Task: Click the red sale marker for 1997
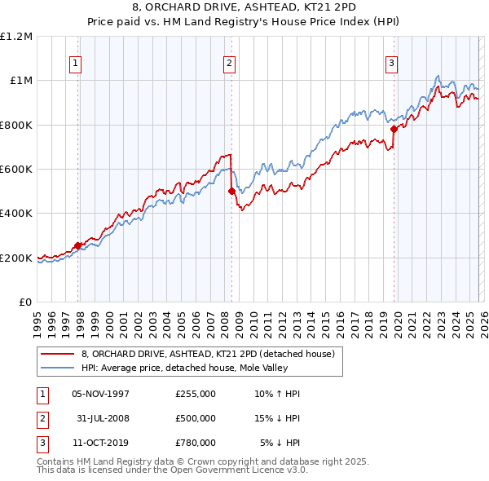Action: click(x=78, y=245)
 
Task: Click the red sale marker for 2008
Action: click(x=231, y=191)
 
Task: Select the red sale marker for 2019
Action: click(x=394, y=129)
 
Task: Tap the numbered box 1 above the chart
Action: click(x=76, y=64)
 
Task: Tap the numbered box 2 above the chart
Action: click(x=229, y=64)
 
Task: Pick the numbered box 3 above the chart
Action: click(x=391, y=64)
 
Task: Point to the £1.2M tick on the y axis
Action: click(x=16, y=37)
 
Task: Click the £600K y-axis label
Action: click(x=16, y=170)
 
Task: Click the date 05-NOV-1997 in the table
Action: click(x=101, y=394)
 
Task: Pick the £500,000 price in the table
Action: click(x=195, y=418)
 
